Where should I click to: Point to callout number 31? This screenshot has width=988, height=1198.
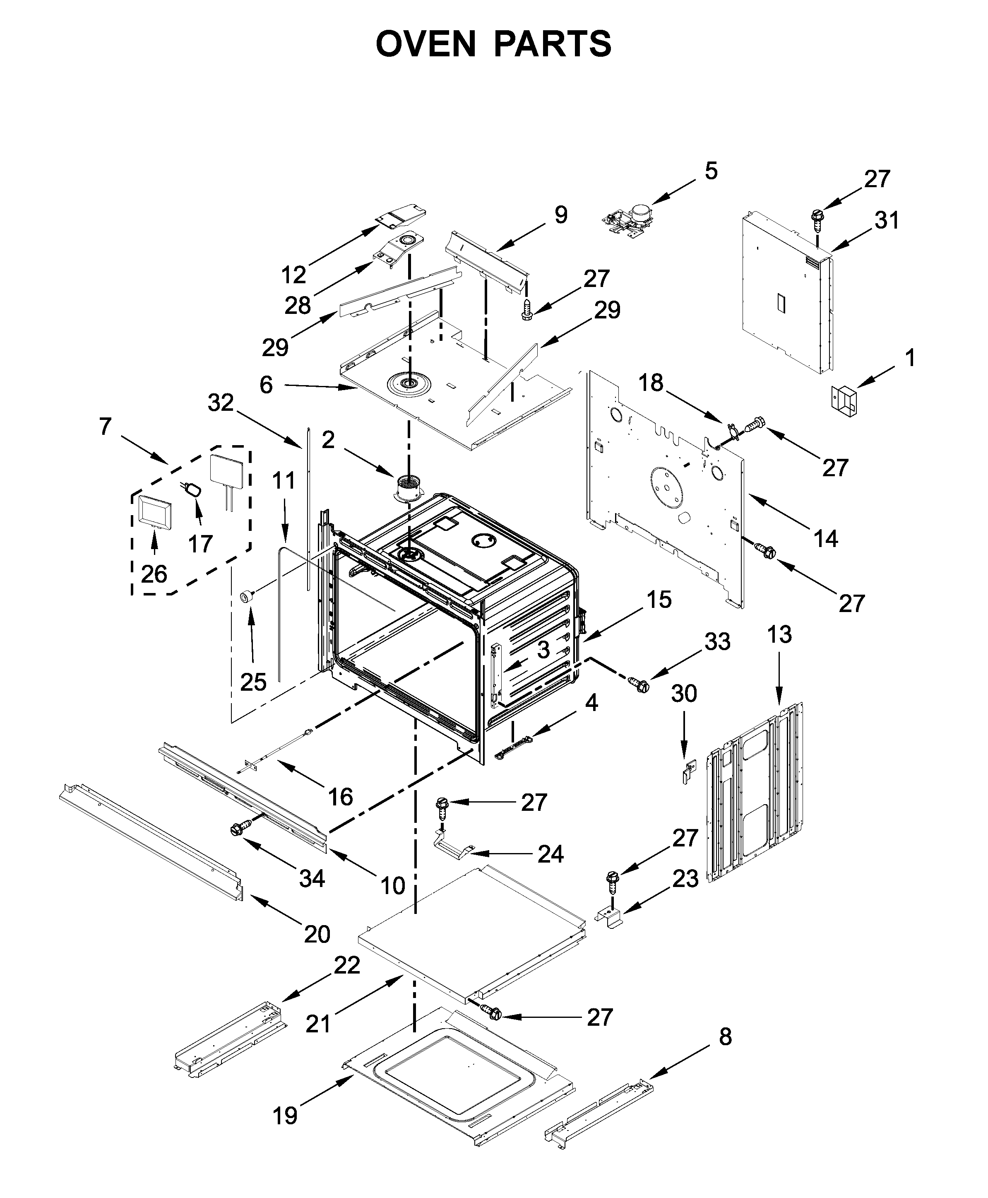[x=886, y=220]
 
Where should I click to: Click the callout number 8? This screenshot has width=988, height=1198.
[x=724, y=1037]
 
